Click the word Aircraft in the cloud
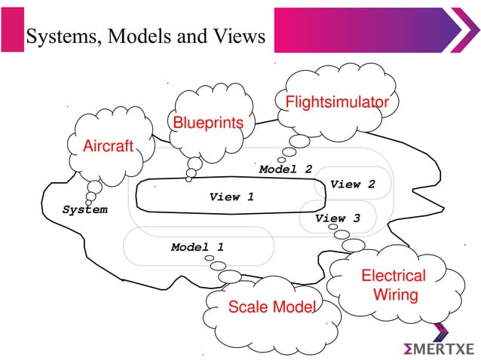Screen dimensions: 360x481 (107, 146)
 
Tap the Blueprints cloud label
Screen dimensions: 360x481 (209, 123)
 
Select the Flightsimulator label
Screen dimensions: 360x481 (336, 102)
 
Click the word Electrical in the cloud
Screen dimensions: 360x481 (394, 276)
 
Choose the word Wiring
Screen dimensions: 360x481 (395, 295)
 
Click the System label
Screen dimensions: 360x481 (84, 209)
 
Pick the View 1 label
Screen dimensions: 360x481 (231, 197)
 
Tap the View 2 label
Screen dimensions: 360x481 (352, 184)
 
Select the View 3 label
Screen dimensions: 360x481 (338, 218)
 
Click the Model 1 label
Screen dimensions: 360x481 (197, 246)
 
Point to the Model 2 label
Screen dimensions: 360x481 (286, 169)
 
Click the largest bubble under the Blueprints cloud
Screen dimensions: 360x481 (195, 163)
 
